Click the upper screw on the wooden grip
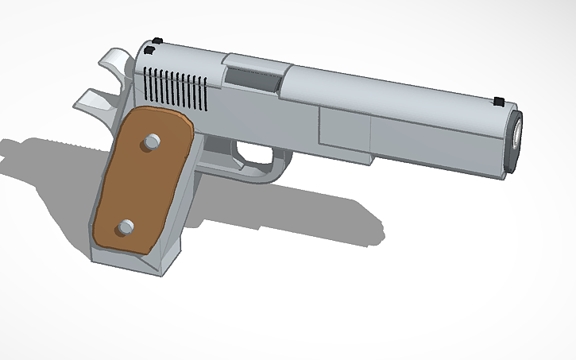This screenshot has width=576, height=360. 150,142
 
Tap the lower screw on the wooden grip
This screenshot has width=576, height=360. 125,228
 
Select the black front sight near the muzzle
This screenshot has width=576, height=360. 499,100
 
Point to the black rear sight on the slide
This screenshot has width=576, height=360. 157,41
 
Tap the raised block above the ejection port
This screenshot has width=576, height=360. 253,63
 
